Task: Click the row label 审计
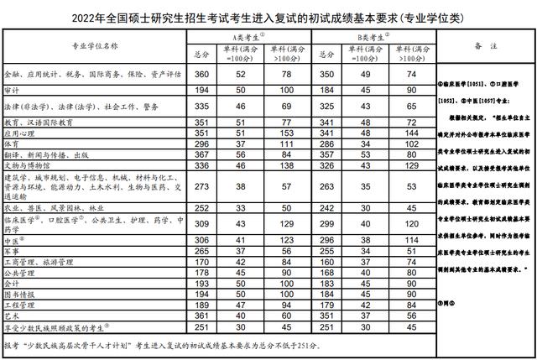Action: point(14,89)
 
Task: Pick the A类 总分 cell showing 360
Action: point(201,75)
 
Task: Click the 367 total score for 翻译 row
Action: point(201,154)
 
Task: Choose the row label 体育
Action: point(14,144)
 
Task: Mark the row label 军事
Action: point(14,250)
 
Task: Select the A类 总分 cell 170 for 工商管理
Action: point(201,261)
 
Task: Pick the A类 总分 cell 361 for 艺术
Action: point(201,316)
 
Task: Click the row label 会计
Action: point(14,283)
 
